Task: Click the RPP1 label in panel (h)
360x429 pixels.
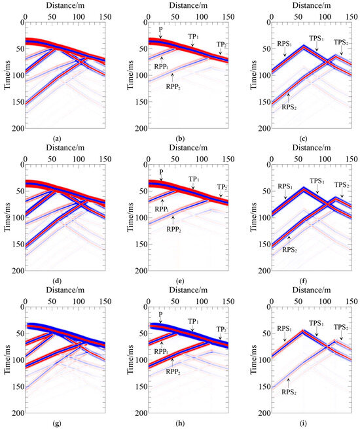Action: point(156,342)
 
